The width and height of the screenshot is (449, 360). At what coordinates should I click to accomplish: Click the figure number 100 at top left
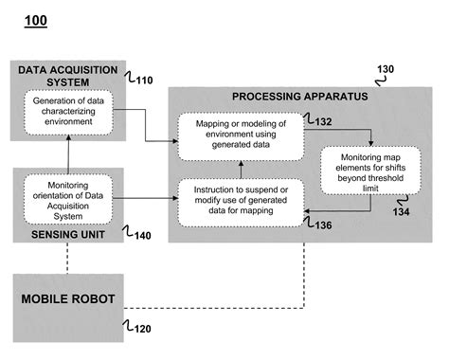(x=35, y=20)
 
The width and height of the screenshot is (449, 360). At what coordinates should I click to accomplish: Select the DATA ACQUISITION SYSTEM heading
(x=69, y=75)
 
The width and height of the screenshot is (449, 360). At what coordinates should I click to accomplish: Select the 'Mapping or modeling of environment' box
(x=241, y=135)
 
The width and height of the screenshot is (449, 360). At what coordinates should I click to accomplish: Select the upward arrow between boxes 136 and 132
(x=241, y=169)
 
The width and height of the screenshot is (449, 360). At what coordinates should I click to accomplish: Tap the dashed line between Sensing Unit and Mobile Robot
(x=69, y=258)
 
